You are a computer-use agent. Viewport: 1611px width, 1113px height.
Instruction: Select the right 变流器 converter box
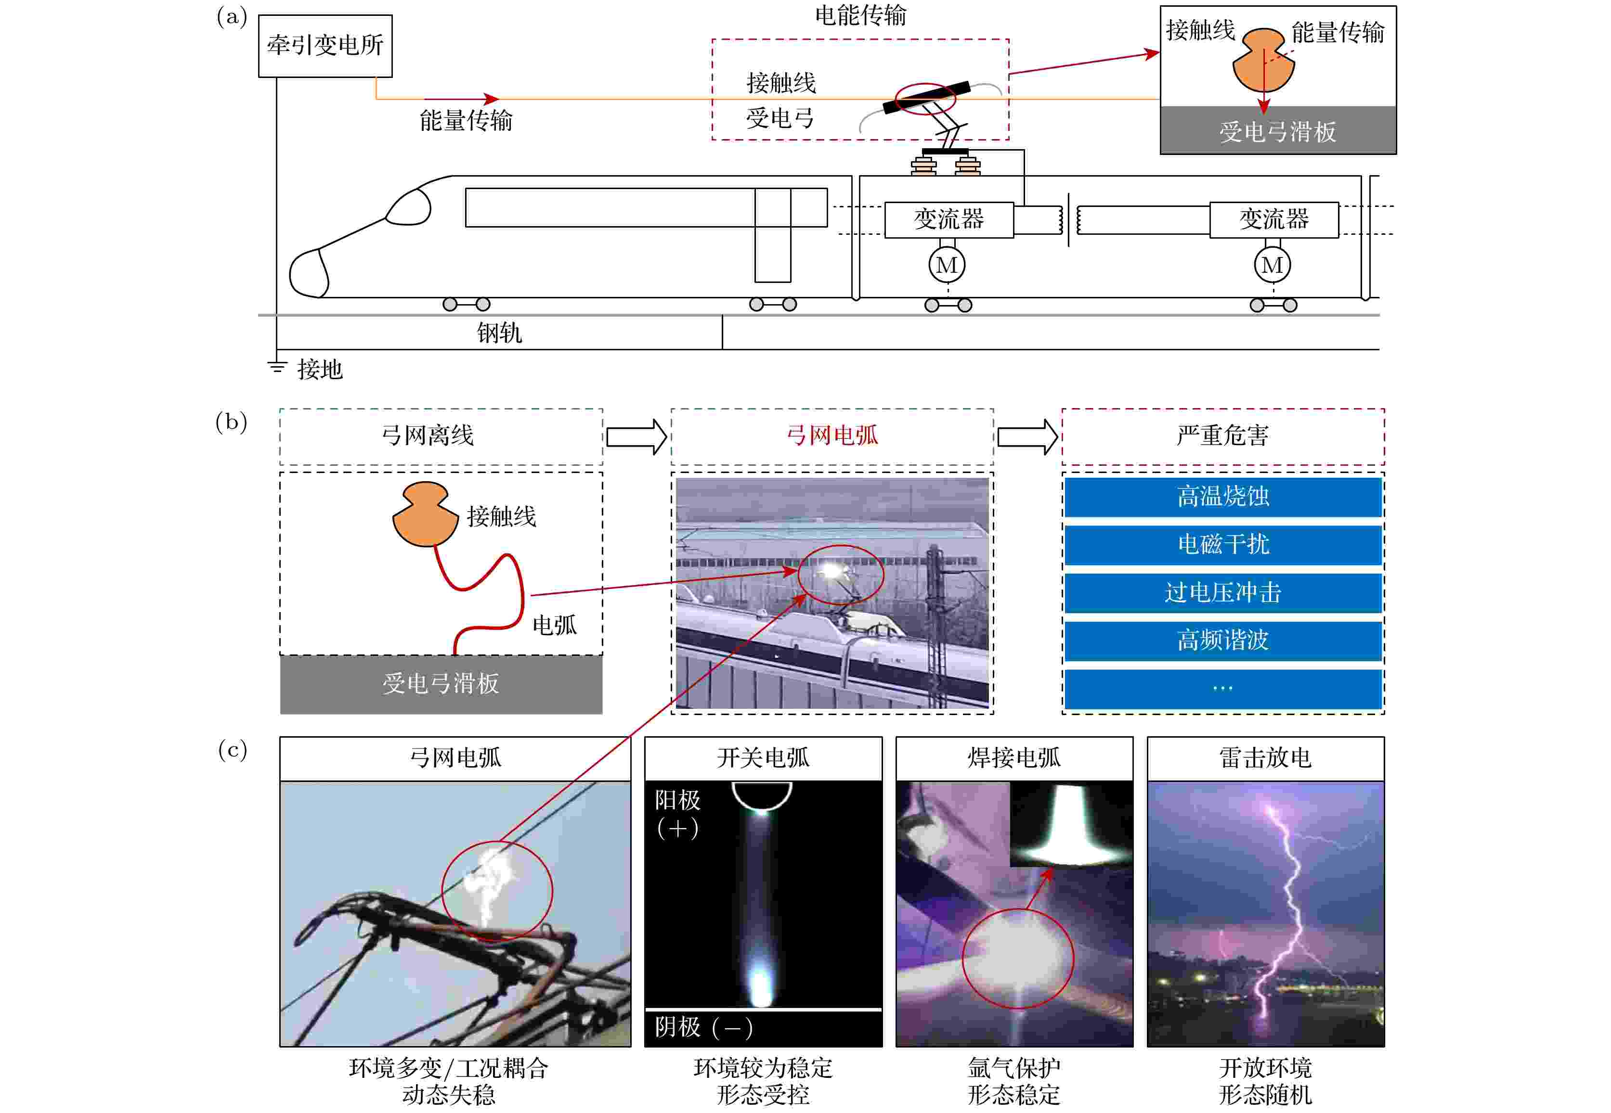1273,220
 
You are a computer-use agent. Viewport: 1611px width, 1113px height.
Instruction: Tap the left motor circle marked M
947,265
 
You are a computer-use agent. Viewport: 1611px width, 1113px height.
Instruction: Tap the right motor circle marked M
1272,265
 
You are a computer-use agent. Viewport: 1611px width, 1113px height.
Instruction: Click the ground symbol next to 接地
277,366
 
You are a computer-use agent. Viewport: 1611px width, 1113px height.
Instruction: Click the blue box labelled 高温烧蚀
1222,497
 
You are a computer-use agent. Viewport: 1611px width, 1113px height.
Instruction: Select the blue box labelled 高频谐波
1222,640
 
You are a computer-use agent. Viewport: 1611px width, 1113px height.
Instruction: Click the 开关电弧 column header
763,758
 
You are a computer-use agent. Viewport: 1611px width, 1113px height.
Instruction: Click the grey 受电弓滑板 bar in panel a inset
1277,131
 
